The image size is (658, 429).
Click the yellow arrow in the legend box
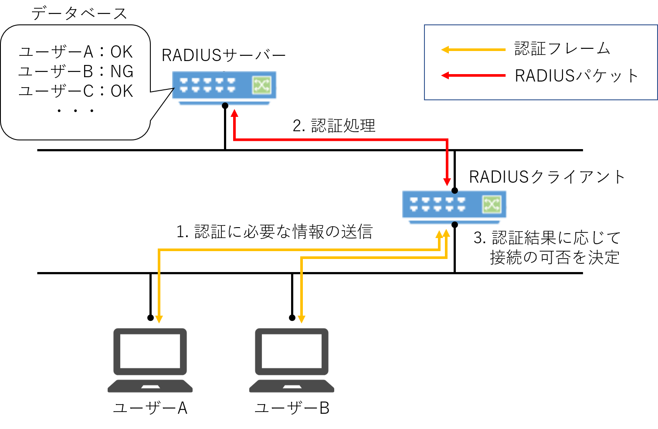pyautogui.click(x=475, y=50)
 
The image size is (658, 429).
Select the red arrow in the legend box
pyautogui.click(x=475, y=75)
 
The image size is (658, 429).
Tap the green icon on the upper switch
pyautogui.click(x=261, y=85)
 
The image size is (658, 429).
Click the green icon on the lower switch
pyautogui.click(x=492, y=204)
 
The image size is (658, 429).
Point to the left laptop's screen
pyautogui.click(x=150, y=351)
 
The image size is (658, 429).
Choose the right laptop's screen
pyautogui.click(x=292, y=351)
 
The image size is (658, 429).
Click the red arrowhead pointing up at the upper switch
pyautogui.click(x=234, y=113)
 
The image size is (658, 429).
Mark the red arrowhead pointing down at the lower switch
pyautogui.click(x=447, y=182)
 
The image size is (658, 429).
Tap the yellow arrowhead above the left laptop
pyautogui.click(x=159, y=319)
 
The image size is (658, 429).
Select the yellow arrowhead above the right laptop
pyautogui.click(x=301, y=319)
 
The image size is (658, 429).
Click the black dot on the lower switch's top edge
pyautogui.click(x=454, y=191)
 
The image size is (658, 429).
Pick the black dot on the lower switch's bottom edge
pyautogui.click(x=454, y=224)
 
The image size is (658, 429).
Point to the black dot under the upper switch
pyautogui.click(x=225, y=105)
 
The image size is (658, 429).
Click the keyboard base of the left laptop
pyautogui.click(x=150, y=386)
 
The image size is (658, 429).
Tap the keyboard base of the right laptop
pyautogui.click(x=292, y=386)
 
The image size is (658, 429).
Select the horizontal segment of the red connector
pyautogui.click(x=340, y=140)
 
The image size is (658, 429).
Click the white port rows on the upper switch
pyautogui.click(x=207, y=85)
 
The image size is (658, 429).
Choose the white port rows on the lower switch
pyautogui.click(x=438, y=204)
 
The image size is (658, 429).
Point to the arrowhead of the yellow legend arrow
pyautogui.click(x=445, y=50)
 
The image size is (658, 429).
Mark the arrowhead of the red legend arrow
pyautogui.click(x=445, y=75)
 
